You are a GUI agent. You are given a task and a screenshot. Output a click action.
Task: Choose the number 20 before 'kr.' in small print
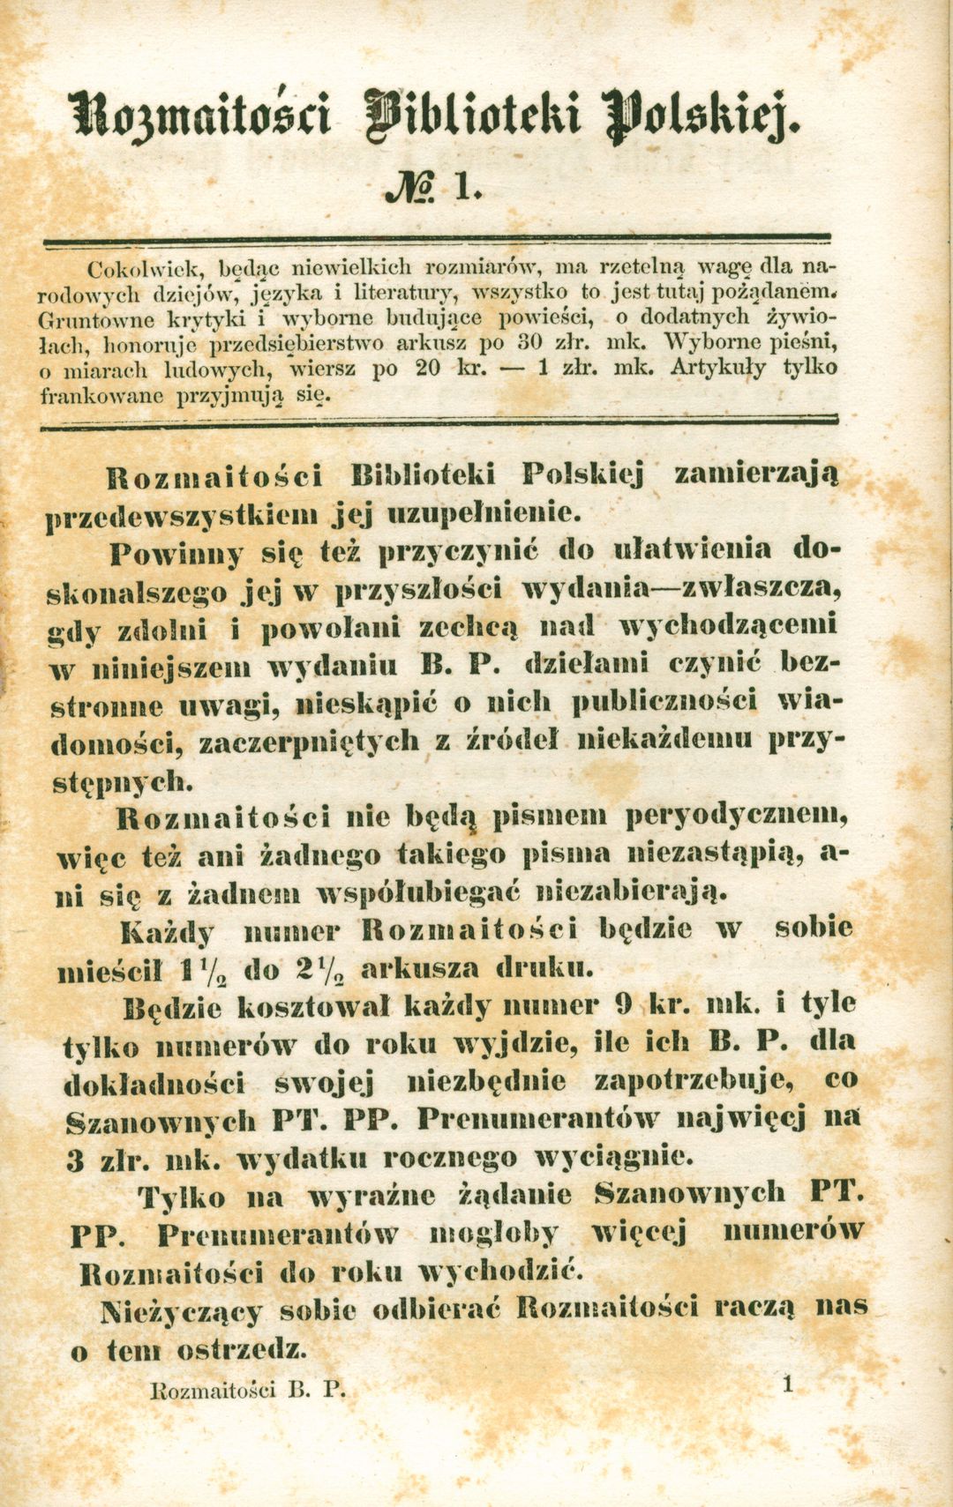tap(428, 368)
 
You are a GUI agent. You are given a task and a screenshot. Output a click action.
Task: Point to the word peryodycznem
tap(738, 817)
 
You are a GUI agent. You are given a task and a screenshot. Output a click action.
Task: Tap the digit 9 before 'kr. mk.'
tap(621, 1006)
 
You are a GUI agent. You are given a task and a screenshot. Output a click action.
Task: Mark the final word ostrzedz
tap(241, 1349)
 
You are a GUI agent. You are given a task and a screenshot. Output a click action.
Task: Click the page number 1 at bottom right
tap(787, 1384)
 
